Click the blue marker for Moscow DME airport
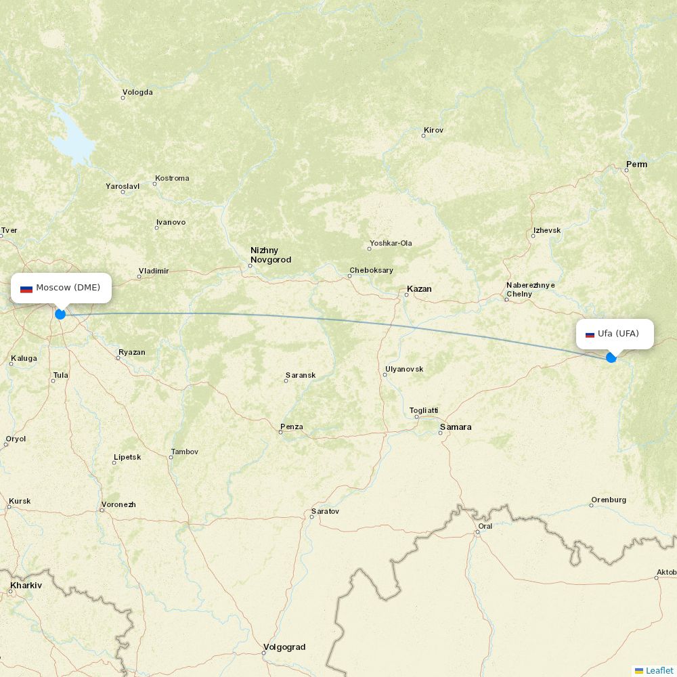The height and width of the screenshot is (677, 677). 60,314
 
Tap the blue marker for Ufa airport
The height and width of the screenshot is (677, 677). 611,357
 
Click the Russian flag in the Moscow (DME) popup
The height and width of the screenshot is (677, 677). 26,288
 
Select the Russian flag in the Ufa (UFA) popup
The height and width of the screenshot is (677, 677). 590,334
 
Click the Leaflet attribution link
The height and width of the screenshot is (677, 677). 659,670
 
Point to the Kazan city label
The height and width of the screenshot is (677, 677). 419,289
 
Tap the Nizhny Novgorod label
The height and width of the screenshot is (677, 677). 271,255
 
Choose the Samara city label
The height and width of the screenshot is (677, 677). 456,427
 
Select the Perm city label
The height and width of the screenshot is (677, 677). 636,165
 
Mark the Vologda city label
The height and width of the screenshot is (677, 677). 137,93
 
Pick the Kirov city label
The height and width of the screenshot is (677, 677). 433,130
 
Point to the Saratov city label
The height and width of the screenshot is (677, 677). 325,511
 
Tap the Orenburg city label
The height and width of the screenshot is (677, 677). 609,500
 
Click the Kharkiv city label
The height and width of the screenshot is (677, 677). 26,585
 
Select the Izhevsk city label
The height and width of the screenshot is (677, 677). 547,230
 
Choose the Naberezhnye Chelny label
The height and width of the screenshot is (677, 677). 530,290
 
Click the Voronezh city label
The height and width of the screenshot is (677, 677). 118,504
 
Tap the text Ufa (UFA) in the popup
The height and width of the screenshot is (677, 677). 618,334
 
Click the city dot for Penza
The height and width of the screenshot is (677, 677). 281,432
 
